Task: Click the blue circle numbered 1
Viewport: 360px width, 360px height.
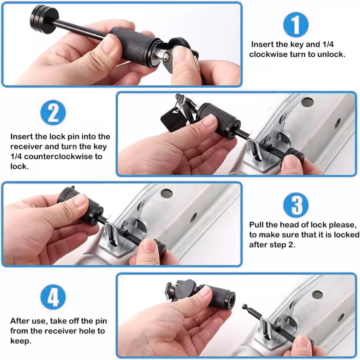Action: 296,25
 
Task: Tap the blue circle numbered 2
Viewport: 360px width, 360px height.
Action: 53,113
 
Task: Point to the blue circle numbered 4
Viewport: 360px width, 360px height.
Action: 53,297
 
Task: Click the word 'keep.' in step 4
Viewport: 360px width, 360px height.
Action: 21,341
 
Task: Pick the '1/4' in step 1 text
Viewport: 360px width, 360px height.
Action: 328,44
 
